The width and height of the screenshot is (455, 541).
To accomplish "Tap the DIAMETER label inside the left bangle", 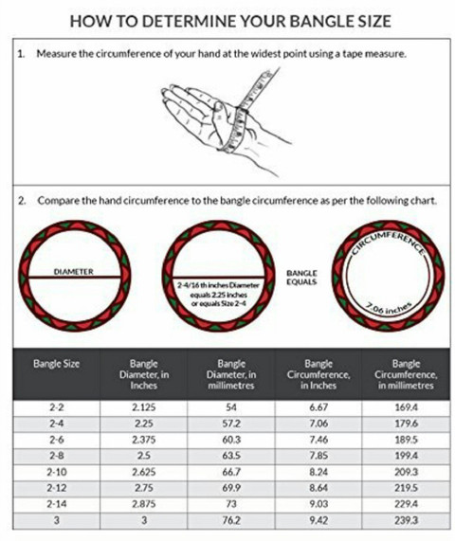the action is click(x=74, y=272).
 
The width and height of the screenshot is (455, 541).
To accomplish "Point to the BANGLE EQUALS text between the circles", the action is click(x=301, y=278).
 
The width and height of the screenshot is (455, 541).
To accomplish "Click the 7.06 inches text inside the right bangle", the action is click(x=390, y=308).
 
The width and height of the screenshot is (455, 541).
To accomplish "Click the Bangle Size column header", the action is click(x=56, y=364).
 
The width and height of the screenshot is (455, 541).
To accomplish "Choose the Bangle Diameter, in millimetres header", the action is click(x=231, y=374).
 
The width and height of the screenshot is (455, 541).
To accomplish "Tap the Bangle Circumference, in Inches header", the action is click(x=318, y=374).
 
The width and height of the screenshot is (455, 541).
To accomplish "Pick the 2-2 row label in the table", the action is click(x=57, y=407).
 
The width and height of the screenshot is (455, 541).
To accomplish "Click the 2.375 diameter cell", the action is click(x=144, y=440).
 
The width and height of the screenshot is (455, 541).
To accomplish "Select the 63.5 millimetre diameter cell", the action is click(x=231, y=456).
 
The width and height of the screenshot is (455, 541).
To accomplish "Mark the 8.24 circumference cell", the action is click(x=318, y=472).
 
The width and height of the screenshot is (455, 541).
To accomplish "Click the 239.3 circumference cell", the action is click(x=406, y=520).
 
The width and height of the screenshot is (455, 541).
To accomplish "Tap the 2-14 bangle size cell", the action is click(x=57, y=504).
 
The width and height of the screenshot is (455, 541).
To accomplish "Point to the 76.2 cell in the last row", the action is click(x=231, y=520).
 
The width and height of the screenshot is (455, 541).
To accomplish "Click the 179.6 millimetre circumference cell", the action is click(x=406, y=424).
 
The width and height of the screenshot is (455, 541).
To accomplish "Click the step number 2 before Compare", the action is click(x=21, y=201).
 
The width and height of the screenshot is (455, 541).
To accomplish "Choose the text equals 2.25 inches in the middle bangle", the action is click(x=219, y=295).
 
